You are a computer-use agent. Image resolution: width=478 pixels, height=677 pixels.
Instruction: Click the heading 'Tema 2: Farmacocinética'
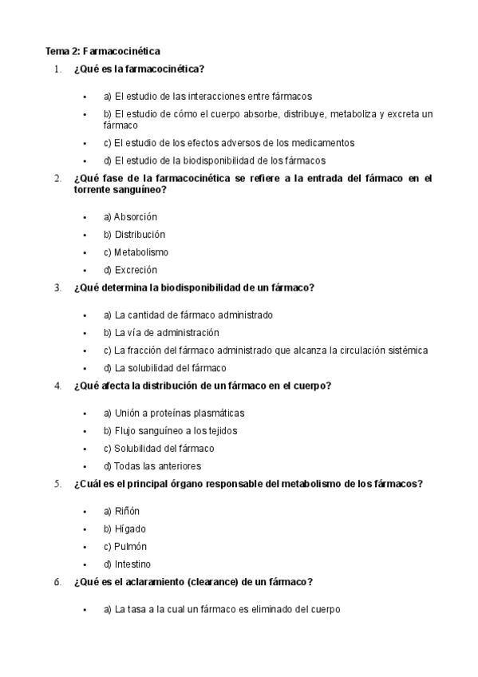(103, 50)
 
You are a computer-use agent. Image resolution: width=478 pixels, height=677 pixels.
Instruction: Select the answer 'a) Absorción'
(130, 217)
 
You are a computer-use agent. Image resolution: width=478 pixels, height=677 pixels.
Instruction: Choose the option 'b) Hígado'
(124, 529)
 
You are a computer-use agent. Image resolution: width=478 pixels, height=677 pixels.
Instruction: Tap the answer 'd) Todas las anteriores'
(152, 466)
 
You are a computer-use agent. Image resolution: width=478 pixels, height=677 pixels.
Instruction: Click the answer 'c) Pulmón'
(125, 547)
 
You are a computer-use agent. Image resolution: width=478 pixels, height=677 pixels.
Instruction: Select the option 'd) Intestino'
(127, 564)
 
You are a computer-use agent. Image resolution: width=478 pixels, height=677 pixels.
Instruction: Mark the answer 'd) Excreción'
(130, 270)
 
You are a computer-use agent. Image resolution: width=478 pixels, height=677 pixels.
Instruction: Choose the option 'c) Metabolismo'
(136, 252)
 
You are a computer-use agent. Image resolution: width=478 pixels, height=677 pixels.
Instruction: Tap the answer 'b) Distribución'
(134, 235)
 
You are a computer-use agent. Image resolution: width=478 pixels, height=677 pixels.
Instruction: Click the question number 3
(57, 288)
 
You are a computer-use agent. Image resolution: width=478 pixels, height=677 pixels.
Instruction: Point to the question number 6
(57, 582)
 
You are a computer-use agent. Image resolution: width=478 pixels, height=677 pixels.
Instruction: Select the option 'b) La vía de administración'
(161, 333)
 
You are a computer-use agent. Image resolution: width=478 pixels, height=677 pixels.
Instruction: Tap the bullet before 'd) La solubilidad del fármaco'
(85, 369)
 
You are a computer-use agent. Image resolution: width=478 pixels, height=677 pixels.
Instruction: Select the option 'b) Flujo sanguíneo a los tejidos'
(170, 431)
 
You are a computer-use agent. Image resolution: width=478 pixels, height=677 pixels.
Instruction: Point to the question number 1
(57, 69)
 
